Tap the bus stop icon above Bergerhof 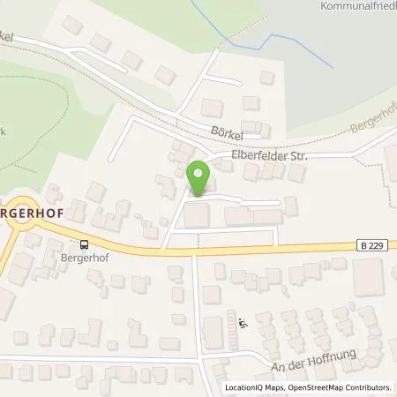[x=84, y=245]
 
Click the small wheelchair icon [x=243, y=323]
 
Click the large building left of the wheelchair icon [x=214, y=332]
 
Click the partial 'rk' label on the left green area [x=4, y=131]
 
